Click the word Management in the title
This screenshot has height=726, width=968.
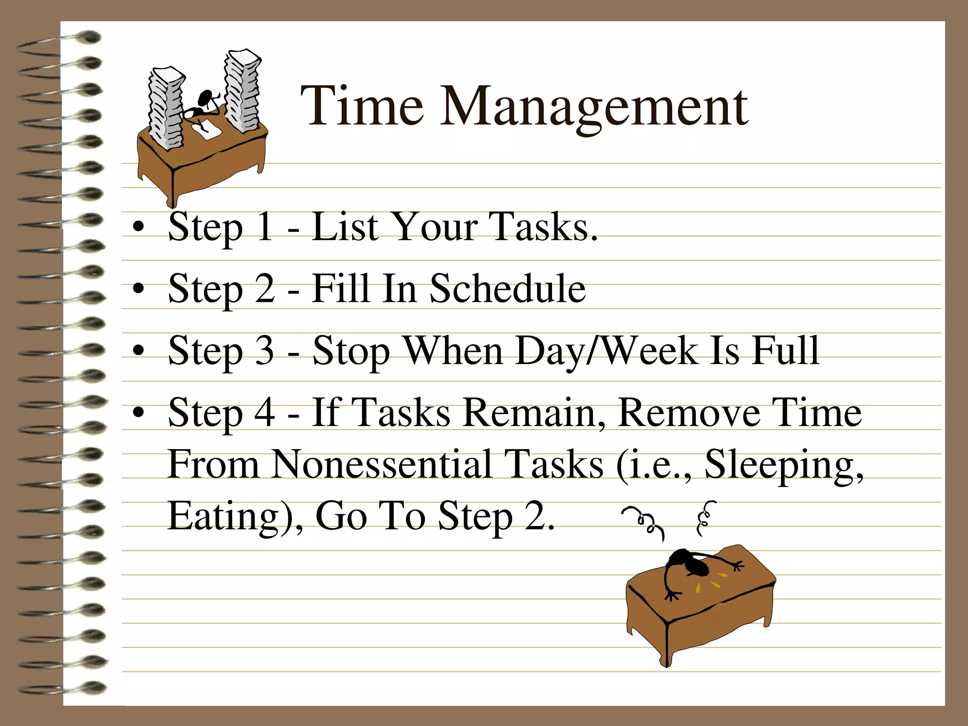click(x=594, y=108)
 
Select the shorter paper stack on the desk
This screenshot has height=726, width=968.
click(x=166, y=108)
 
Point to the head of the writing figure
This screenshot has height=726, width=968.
click(x=205, y=98)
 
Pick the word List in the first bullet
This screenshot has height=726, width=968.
click(x=345, y=226)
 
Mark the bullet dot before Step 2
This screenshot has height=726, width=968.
click(x=138, y=288)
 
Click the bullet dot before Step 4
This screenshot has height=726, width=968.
click(x=138, y=413)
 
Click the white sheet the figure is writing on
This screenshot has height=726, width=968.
click(x=207, y=129)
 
